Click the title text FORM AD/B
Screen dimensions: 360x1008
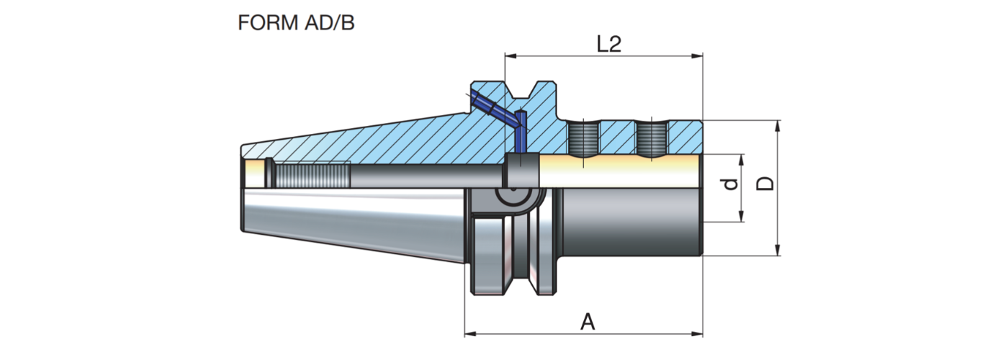click(296, 22)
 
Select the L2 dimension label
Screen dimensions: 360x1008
click(608, 45)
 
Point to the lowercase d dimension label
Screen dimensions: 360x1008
click(731, 185)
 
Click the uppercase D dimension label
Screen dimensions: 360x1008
click(767, 182)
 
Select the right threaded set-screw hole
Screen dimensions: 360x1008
click(652, 138)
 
